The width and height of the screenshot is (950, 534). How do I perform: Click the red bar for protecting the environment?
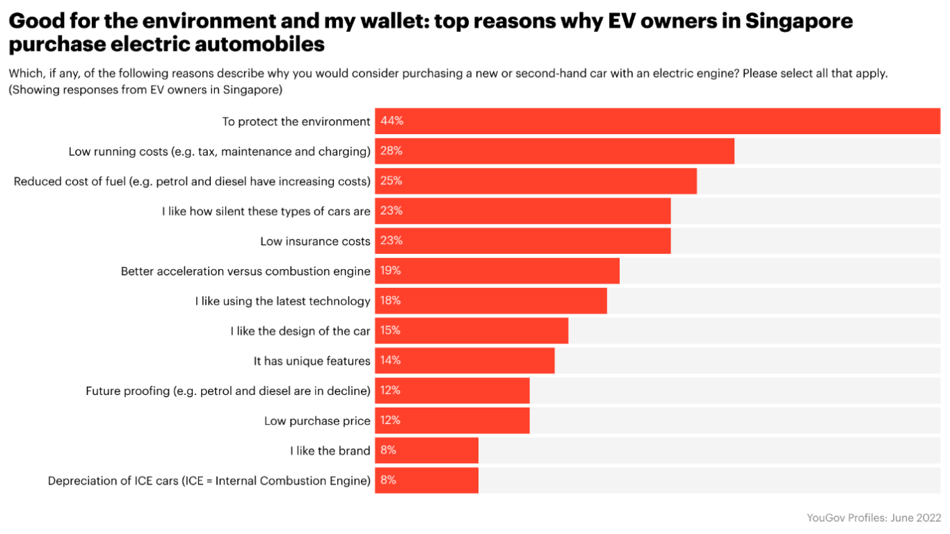click(x=657, y=121)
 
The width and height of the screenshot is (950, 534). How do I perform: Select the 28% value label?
click(x=392, y=151)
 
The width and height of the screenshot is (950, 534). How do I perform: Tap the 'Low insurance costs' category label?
click(x=315, y=241)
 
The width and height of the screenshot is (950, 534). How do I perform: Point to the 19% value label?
click(x=390, y=271)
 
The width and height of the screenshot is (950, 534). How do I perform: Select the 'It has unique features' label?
click(x=312, y=361)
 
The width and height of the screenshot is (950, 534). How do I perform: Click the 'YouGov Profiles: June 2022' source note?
click(x=873, y=517)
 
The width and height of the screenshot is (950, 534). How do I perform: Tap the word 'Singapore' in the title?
click(x=798, y=21)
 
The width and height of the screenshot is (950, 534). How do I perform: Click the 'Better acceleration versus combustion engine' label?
click(x=245, y=271)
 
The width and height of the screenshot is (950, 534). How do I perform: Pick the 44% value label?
click(x=392, y=121)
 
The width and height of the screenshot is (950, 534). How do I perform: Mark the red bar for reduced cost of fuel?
click(x=536, y=181)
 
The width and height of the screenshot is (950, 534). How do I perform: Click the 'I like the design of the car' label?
click(x=300, y=331)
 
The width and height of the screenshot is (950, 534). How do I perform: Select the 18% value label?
click(x=390, y=301)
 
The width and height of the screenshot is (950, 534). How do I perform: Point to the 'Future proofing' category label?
click(x=227, y=391)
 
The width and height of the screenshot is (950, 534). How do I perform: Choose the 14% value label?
click(x=390, y=361)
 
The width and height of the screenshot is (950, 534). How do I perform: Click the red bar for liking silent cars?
click(x=523, y=211)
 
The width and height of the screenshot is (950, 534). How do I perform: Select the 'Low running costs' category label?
click(x=219, y=151)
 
